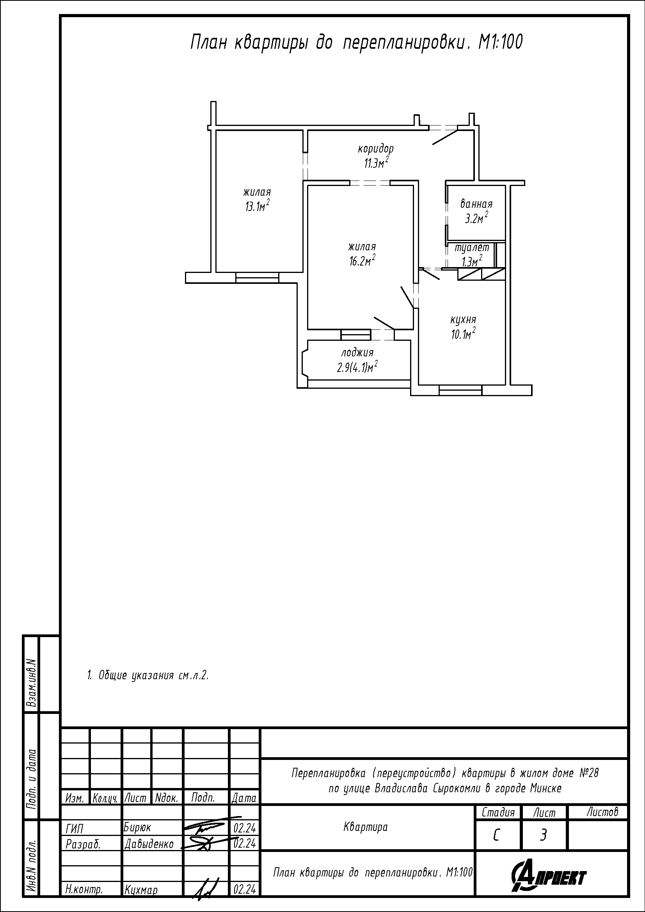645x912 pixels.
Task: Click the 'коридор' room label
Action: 375,149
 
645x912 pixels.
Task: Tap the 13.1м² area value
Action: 258,206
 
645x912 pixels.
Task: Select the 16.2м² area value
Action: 362,260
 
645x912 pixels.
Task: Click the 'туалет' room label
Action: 472,248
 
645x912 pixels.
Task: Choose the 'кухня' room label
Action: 463,320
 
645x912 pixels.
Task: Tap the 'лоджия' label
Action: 357,353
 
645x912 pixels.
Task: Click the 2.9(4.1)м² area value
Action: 357,367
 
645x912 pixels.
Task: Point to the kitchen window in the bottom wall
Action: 460,391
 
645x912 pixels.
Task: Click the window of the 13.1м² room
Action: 257,277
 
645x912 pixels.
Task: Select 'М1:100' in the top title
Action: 500,43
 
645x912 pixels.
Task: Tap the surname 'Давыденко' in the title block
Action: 149,845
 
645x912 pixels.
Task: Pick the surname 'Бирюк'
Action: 137,828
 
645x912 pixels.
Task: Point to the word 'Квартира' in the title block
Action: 365,827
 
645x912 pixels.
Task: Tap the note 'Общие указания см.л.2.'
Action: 148,675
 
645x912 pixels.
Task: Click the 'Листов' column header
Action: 602,812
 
